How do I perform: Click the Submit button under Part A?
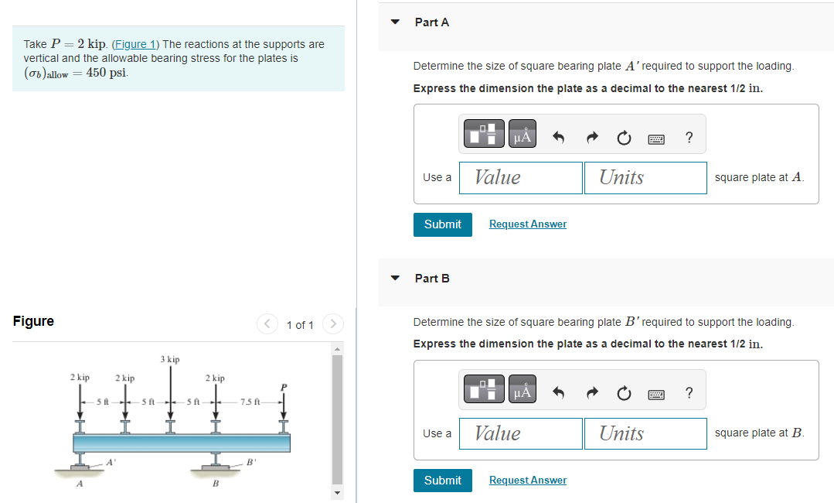click(x=442, y=224)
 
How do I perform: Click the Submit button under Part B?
click(x=442, y=481)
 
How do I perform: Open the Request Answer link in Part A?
click(x=527, y=224)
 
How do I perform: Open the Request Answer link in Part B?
click(x=527, y=481)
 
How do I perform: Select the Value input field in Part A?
click(x=520, y=178)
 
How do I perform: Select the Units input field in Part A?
click(x=645, y=178)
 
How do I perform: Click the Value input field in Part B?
click(x=520, y=433)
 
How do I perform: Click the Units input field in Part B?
click(x=645, y=433)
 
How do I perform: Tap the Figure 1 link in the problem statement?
click(x=136, y=44)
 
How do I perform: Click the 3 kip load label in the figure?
click(x=170, y=360)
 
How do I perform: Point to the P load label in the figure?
click(x=283, y=387)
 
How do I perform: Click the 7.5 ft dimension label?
click(x=250, y=402)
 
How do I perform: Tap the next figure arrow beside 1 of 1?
click(x=332, y=323)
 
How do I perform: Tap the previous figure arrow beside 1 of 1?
click(x=267, y=323)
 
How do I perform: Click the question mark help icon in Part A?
click(x=689, y=138)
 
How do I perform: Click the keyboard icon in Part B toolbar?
click(x=656, y=394)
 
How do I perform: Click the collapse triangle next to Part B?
click(x=396, y=278)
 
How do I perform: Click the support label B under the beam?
click(x=216, y=484)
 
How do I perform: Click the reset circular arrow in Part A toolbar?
click(x=623, y=138)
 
